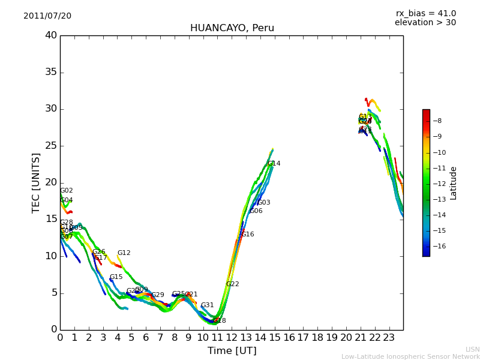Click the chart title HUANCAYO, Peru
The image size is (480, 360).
pyautogui.click(x=232, y=28)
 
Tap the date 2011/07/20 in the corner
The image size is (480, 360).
pyautogui.click(x=47, y=16)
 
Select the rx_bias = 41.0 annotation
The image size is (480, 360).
pyautogui.click(x=425, y=13)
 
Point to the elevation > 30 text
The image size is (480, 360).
pyautogui.click(x=425, y=23)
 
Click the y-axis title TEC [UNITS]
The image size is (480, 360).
pyautogui.click(x=36, y=182)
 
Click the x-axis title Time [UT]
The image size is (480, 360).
pyautogui.click(x=232, y=351)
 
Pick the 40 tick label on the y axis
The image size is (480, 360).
pyautogui.click(x=51, y=35)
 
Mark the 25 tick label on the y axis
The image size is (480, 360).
pyautogui.click(x=51, y=146)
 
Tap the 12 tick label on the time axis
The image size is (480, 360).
pyautogui.click(x=232, y=338)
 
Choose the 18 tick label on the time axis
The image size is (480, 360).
pyautogui.click(x=317, y=338)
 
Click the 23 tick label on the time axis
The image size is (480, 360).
pyautogui.click(x=389, y=338)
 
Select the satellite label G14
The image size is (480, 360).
pyautogui.click(x=274, y=163)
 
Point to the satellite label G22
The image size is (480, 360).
pyautogui.click(x=232, y=284)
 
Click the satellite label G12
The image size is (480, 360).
pyautogui.click(x=124, y=253)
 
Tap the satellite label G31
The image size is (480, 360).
pyautogui.click(x=207, y=305)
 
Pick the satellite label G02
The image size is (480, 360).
pyautogui.click(x=66, y=191)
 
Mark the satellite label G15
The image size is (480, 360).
pyautogui.click(x=116, y=277)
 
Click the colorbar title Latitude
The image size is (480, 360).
pyautogui.click(x=454, y=183)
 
